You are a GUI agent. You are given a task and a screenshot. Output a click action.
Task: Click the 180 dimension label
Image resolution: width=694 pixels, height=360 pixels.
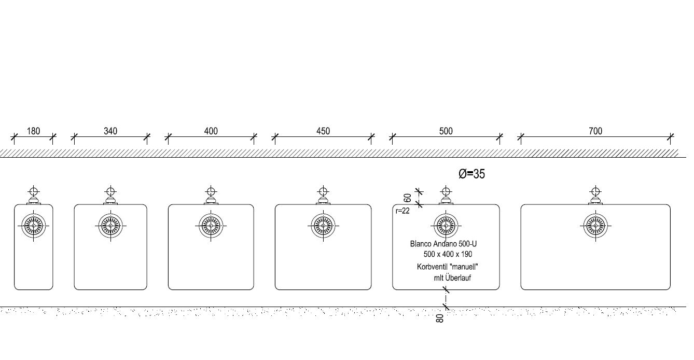(x=33, y=131)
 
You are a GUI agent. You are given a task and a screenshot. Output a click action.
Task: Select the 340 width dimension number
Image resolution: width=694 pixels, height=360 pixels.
(x=110, y=131)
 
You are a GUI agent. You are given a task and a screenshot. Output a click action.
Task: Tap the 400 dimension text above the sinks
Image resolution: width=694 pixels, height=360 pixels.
(x=211, y=131)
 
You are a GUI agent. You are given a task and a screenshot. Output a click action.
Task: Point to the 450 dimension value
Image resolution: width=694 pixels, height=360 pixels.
(x=323, y=131)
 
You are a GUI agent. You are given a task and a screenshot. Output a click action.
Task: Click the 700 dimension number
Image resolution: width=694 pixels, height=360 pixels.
(x=595, y=131)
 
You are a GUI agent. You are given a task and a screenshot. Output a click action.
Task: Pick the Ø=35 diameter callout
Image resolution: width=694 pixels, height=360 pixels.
(x=472, y=174)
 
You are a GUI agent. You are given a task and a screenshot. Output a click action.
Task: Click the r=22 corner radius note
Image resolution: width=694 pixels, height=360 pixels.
(x=402, y=211)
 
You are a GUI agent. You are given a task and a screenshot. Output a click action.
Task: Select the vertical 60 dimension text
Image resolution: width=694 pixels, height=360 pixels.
(x=408, y=198)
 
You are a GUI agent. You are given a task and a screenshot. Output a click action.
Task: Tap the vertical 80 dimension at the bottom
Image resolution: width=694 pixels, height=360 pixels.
(x=440, y=318)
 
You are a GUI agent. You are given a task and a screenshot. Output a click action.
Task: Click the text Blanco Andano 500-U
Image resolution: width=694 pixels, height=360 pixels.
(x=443, y=243)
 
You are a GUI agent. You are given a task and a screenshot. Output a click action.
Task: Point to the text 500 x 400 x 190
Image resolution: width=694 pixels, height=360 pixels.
(x=448, y=254)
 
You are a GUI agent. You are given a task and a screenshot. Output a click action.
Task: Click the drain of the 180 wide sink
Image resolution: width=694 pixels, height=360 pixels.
(x=34, y=226)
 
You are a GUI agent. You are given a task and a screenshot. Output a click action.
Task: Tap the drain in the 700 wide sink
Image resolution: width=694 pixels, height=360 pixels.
(x=595, y=226)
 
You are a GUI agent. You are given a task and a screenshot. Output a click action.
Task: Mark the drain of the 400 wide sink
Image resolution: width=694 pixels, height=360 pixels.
(x=211, y=226)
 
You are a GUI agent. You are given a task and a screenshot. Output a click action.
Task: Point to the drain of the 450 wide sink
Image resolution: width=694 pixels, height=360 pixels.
(x=323, y=226)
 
